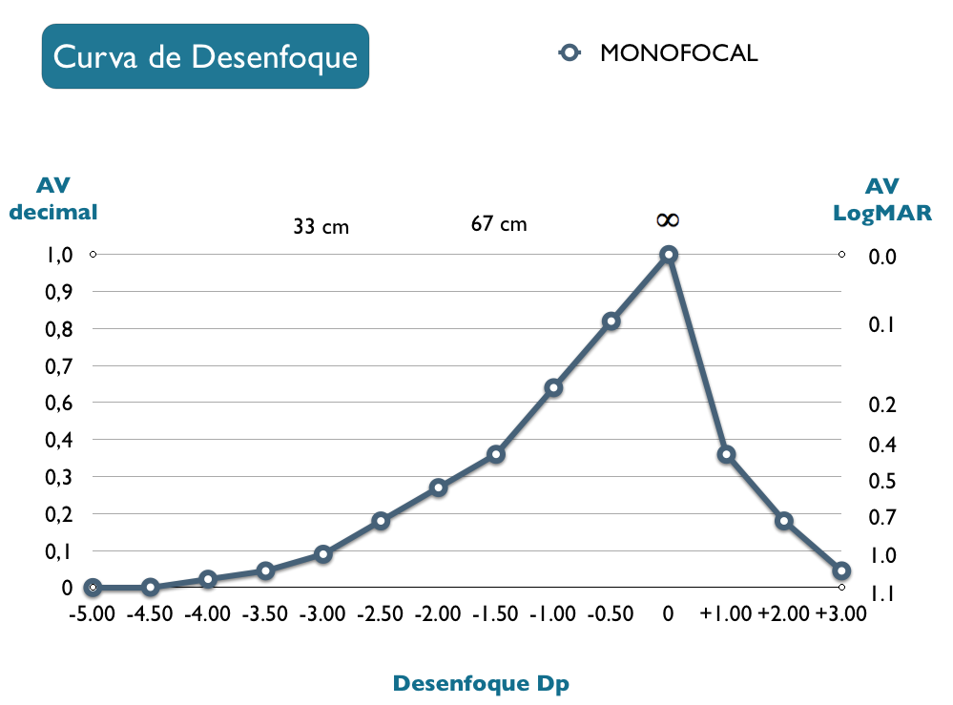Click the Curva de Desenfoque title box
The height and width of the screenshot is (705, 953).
(205, 56)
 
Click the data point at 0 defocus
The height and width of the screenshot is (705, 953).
(668, 255)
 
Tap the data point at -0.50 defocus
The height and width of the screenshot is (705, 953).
(611, 321)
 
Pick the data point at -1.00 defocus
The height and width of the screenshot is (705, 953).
(553, 387)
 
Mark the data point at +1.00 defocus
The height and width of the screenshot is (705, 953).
(726, 454)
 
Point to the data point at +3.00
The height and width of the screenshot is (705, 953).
(840, 571)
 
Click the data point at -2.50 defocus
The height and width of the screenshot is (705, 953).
(381, 521)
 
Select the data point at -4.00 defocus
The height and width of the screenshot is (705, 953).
(208, 579)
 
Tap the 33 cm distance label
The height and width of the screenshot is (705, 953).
(321, 227)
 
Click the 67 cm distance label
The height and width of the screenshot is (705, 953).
(499, 224)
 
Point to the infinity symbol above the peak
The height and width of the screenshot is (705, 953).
(668, 220)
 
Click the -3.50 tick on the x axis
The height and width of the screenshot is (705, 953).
(265, 613)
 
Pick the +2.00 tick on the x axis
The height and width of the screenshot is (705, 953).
(784, 613)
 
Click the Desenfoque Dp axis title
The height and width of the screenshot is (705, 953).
(487, 683)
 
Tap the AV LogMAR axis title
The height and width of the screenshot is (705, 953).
(882, 198)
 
